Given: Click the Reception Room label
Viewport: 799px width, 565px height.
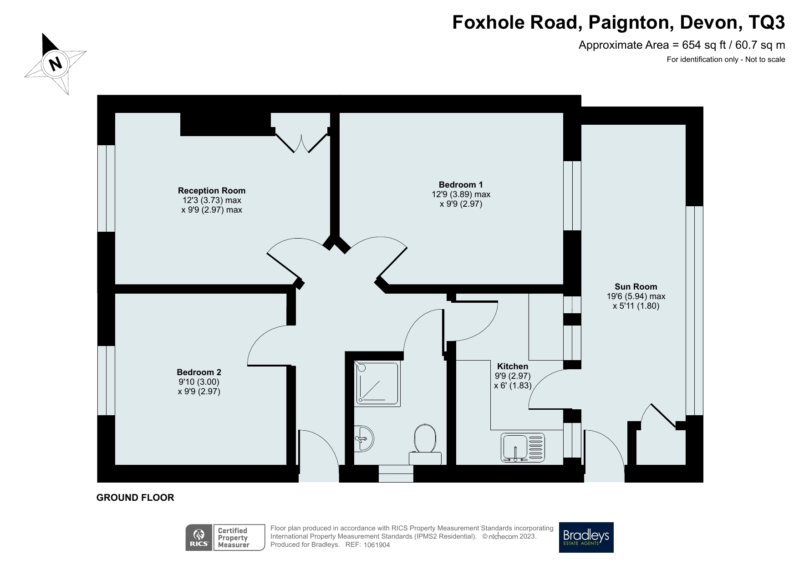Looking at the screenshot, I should tap(211, 190).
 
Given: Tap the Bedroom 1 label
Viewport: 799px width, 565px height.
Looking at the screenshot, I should tap(460, 184).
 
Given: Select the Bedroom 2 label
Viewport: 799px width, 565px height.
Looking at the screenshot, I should tap(199, 372).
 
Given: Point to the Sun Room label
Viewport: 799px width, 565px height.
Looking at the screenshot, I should tap(636, 286).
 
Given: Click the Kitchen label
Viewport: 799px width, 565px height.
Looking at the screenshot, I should tap(513, 366).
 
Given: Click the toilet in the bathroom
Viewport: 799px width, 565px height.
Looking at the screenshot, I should tap(425, 444).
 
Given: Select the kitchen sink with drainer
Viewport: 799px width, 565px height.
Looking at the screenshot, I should tap(523, 447).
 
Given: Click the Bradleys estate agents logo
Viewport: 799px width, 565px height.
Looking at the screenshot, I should tap(586, 537).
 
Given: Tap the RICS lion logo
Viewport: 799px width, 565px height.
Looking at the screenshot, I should tap(199, 538).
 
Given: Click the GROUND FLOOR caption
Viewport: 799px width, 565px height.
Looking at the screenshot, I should tap(135, 498).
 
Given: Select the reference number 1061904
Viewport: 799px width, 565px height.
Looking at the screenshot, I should tap(377, 545).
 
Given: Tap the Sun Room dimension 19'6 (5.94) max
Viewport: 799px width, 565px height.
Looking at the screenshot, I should tap(636, 296).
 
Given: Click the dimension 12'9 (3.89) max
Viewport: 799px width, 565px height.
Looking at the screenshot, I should tap(461, 194).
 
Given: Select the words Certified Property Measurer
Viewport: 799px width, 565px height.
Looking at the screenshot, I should tap(233, 537).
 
